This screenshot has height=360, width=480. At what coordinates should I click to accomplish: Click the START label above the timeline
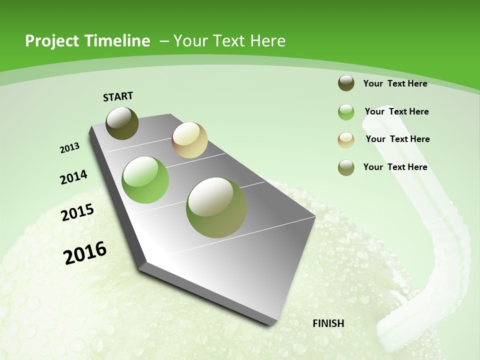click(x=118, y=96)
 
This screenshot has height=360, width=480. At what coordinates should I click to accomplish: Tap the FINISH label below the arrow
click(x=328, y=323)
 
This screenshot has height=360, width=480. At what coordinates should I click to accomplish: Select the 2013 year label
click(x=69, y=148)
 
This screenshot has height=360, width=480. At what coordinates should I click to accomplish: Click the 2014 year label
click(x=73, y=177)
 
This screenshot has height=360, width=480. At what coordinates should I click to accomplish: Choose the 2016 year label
click(x=85, y=252)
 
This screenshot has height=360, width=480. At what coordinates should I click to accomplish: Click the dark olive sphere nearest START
click(x=122, y=123)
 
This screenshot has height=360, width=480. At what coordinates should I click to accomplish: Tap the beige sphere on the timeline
click(x=189, y=140)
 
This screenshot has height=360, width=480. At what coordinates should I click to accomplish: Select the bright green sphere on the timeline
click(x=145, y=180)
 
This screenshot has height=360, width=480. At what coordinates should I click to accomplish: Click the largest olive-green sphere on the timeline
click(x=216, y=207)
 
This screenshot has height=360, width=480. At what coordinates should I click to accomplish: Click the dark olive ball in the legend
click(x=346, y=83)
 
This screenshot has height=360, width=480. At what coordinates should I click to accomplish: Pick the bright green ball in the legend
click(x=346, y=112)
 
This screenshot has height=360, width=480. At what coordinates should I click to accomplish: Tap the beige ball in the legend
click(x=346, y=140)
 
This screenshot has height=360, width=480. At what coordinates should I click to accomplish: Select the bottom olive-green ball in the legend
click(x=346, y=167)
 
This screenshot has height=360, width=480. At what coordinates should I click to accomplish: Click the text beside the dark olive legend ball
click(x=395, y=83)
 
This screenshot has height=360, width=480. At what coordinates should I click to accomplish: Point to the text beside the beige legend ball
click(x=397, y=139)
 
